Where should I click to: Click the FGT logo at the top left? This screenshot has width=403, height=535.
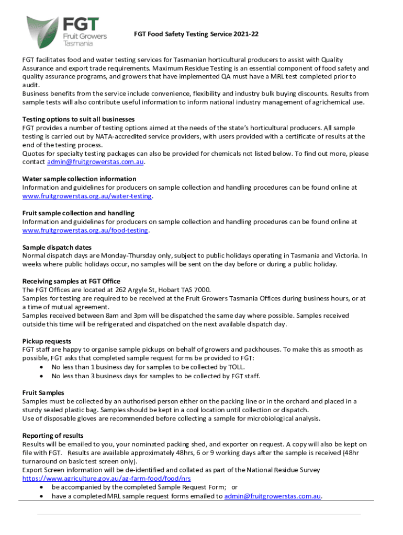[66, 31]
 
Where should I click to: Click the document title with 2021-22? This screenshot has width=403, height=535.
[196, 34]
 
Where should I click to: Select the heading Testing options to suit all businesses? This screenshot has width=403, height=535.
[79, 119]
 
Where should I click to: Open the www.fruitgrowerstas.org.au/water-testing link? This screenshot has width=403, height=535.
[87, 196]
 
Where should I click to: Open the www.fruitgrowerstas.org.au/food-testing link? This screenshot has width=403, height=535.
[85, 230]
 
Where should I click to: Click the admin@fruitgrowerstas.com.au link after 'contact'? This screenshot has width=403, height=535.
[95, 162]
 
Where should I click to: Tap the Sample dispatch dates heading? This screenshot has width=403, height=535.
[57, 247]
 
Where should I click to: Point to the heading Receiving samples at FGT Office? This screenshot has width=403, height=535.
[71, 281]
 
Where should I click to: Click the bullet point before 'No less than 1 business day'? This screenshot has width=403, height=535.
[42, 367]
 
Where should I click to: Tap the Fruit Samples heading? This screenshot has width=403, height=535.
[43, 392]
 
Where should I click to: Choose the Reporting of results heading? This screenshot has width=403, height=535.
[53, 435]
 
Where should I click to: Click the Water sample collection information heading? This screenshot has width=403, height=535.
[79, 179]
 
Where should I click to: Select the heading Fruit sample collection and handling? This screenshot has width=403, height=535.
[78, 213]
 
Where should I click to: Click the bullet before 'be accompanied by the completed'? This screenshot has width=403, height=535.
[42, 487]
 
